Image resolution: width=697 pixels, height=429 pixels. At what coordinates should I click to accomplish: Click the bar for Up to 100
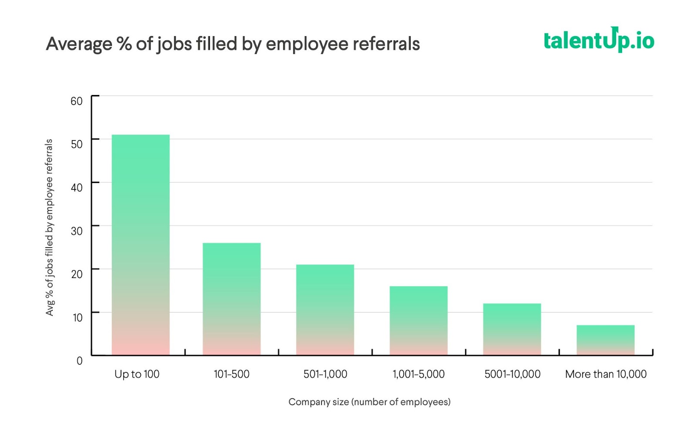[x=141, y=245]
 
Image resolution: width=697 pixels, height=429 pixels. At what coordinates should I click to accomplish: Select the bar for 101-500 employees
[x=231, y=299]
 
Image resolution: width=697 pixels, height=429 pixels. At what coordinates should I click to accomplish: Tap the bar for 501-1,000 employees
[x=325, y=310]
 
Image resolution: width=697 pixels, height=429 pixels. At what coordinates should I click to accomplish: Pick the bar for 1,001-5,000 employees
[x=418, y=320]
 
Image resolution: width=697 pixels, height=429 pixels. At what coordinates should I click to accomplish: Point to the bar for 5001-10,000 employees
[x=512, y=329]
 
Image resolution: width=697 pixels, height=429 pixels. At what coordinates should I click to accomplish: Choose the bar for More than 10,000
[x=606, y=340]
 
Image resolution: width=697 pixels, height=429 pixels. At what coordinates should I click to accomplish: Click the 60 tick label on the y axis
[x=77, y=101]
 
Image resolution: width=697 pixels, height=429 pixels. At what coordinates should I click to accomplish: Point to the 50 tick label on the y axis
[x=77, y=144]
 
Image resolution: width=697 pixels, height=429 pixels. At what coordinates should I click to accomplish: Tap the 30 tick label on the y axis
[x=77, y=231]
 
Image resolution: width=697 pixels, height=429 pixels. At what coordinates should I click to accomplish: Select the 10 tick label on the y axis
[x=78, y=317]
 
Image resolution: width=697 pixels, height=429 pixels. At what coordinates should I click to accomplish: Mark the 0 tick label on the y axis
[x=79, y=361]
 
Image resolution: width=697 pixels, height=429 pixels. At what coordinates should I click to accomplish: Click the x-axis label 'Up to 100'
[x=137, y=374]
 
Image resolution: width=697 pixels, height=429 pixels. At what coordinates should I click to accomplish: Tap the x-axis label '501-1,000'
[x=325, y=374]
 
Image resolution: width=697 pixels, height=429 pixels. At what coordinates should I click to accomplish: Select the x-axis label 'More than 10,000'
[x=606, y=374]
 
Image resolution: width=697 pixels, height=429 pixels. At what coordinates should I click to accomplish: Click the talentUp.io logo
[x=599, y=40]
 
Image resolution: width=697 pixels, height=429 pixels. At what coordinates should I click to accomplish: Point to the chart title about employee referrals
[x=233, y=44]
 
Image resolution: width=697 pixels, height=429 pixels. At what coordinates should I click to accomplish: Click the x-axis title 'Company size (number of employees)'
[x=369, y=402]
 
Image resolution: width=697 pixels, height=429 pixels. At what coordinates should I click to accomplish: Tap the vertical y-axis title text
[x=49, y=227]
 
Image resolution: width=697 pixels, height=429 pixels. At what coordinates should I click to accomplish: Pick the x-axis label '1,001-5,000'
[x=419, y=374]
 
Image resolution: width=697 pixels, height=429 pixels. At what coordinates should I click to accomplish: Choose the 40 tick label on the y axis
[x=77, y=187]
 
